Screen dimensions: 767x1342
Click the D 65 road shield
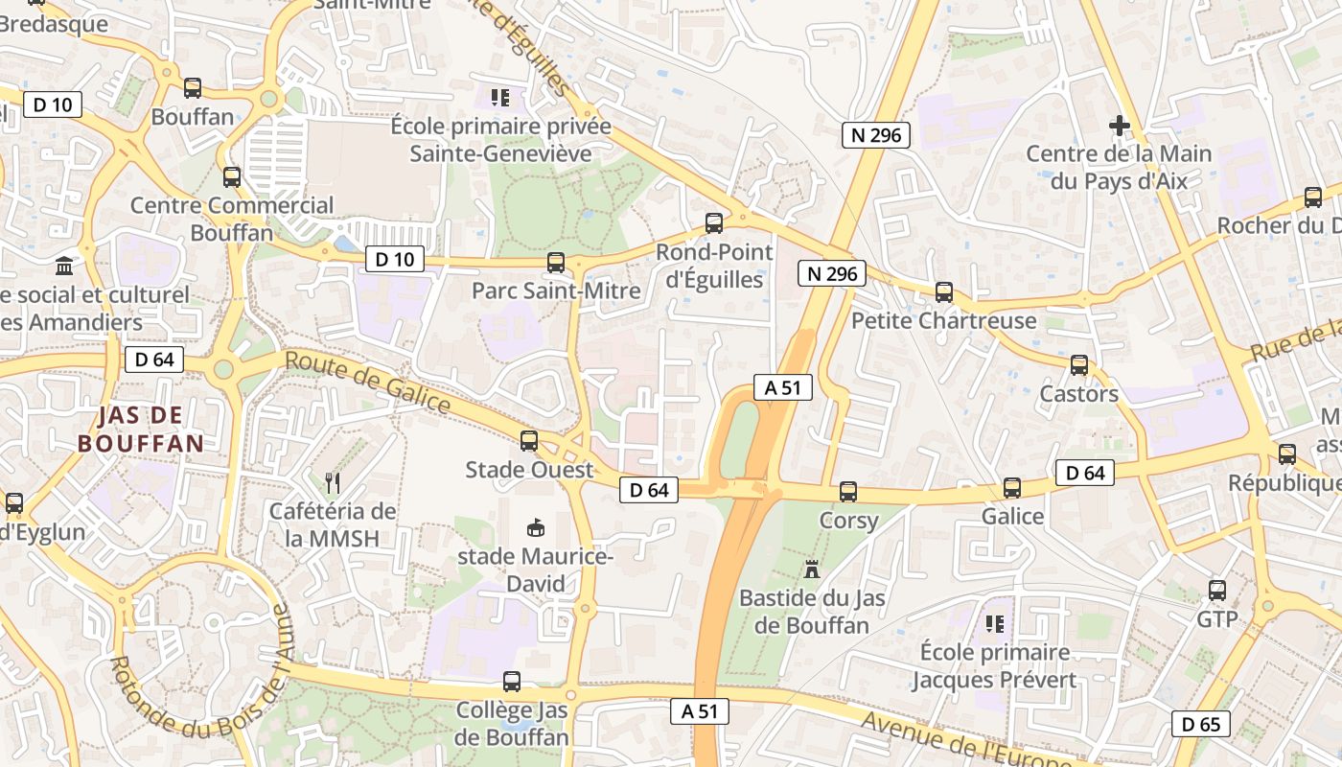[x=1200, y=724]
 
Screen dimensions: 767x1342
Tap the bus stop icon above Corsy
[x=848, y=492]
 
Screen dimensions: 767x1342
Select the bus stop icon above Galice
[x=1012, y=488]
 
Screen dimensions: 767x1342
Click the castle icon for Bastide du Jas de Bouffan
[x=812, y=569]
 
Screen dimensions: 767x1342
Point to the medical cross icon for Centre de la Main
[x=1119, y=125]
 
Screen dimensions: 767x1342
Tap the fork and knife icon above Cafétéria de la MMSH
[x=333, y=482]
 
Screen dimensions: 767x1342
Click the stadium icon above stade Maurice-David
[x=536, y=527]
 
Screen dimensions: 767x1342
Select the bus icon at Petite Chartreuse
[x=944, y=292]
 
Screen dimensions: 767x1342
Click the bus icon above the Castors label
[x=1079, y=365]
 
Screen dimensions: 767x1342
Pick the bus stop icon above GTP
[x=1217, y=591]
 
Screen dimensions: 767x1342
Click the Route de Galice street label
[x=368, y=383]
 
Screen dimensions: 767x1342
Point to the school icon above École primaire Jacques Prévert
[x=995, y=624]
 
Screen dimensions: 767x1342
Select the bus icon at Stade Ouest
[x=529, y=441]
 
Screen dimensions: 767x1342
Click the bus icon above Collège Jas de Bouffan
[x=512, y=682]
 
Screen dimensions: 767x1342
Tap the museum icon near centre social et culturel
[x=65, y=266]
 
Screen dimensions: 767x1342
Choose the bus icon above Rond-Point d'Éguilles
[x=714, y=223]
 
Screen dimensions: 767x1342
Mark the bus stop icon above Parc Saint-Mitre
[x=556, y=262]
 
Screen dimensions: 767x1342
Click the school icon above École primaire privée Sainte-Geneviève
[x=499, y=97]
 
